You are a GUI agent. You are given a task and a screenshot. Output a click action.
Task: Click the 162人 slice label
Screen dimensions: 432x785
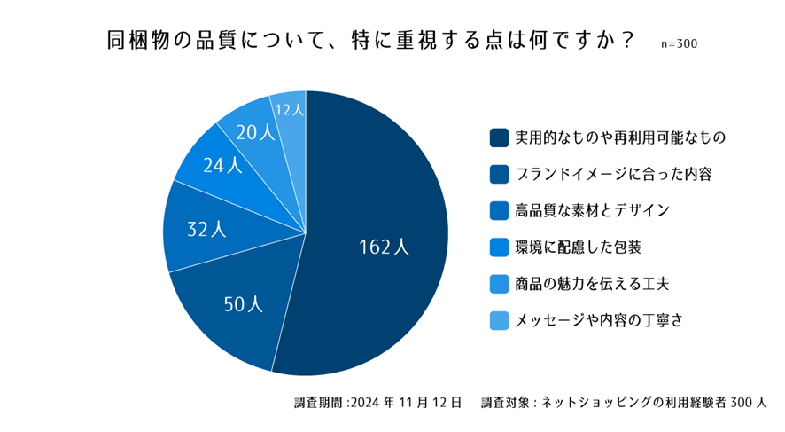(384, 247)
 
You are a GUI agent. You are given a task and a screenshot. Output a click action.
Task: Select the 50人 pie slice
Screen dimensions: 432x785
(242, 304)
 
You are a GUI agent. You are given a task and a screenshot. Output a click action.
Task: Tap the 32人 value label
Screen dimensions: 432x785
(206, 229)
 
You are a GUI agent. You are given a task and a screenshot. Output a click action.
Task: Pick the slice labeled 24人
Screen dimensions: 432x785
(222, 165)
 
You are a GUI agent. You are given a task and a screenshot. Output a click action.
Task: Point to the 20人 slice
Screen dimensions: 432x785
(255, 132)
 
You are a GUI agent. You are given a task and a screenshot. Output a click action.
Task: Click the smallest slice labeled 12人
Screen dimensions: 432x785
(290, 109)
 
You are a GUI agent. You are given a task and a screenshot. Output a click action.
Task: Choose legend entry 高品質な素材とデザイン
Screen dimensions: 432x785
(592, 210)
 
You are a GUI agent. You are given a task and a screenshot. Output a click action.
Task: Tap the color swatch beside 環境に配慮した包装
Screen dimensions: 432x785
(499, 247)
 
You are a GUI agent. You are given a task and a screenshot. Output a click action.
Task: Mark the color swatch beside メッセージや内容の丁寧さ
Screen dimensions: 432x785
(499, 319)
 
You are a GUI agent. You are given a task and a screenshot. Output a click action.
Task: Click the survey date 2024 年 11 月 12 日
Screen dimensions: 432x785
(406, 403)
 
